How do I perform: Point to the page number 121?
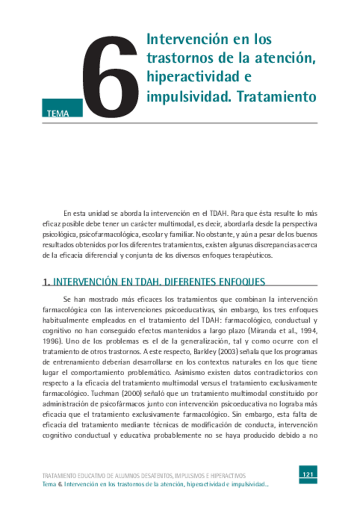pyautogui.click(x=308, y=475)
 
